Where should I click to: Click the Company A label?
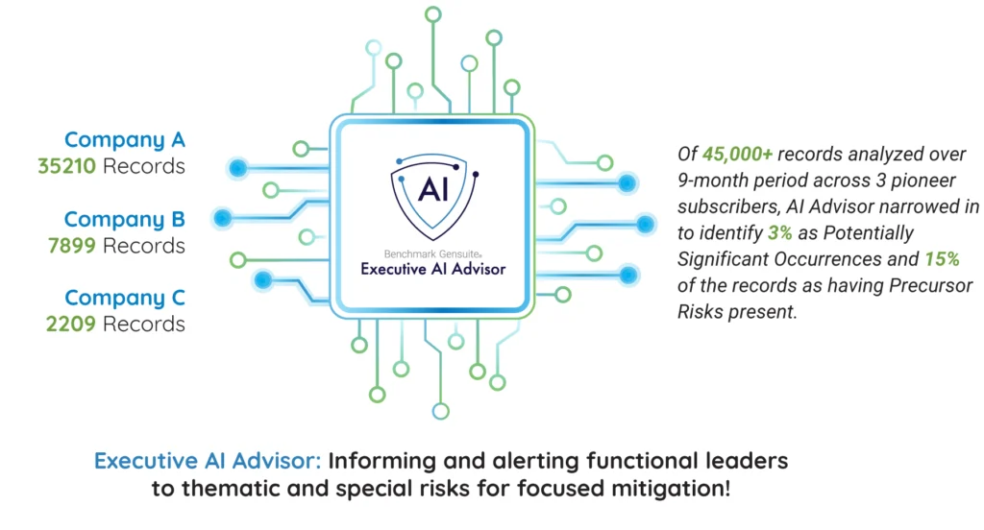pos(125,140)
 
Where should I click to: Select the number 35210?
pos(66,166)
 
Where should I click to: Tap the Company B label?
pos(124,220)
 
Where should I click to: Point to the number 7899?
pos(72,245)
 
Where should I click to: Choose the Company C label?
pos(125,298)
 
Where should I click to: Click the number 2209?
pos(71,324)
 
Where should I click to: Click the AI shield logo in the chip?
pos(433,196)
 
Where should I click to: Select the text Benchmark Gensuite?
pos(432,254)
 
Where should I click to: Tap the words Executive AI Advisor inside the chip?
pos(433,269)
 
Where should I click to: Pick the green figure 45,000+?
pos(737,155)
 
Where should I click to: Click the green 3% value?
pos(780,233)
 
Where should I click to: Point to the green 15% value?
pos(942,259)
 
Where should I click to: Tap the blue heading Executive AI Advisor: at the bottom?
pos(208,461)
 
